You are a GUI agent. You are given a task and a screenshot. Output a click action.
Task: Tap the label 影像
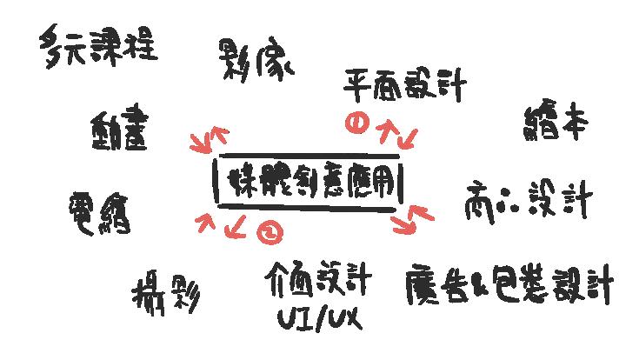[x=256, y=60]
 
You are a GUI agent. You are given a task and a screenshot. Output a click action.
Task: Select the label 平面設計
[x=404, y=86]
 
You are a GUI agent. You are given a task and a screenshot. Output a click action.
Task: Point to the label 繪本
[x=557, y=123]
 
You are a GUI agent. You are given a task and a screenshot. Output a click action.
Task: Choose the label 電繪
[x=98, y=210]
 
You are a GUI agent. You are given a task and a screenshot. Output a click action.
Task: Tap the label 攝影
[x=168, y=296]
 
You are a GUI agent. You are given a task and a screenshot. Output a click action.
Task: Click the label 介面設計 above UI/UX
[x=318, y=282]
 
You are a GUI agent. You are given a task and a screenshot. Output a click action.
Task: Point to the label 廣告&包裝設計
[x=509, y=283]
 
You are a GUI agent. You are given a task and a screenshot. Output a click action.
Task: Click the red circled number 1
[x=354, y=123]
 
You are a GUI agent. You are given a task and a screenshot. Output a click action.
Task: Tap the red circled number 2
[x=270, y=231]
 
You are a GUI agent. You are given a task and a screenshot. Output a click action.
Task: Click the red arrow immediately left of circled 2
[x=236, y=230]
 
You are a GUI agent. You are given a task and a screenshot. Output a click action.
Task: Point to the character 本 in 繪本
[x=575, y=124]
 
